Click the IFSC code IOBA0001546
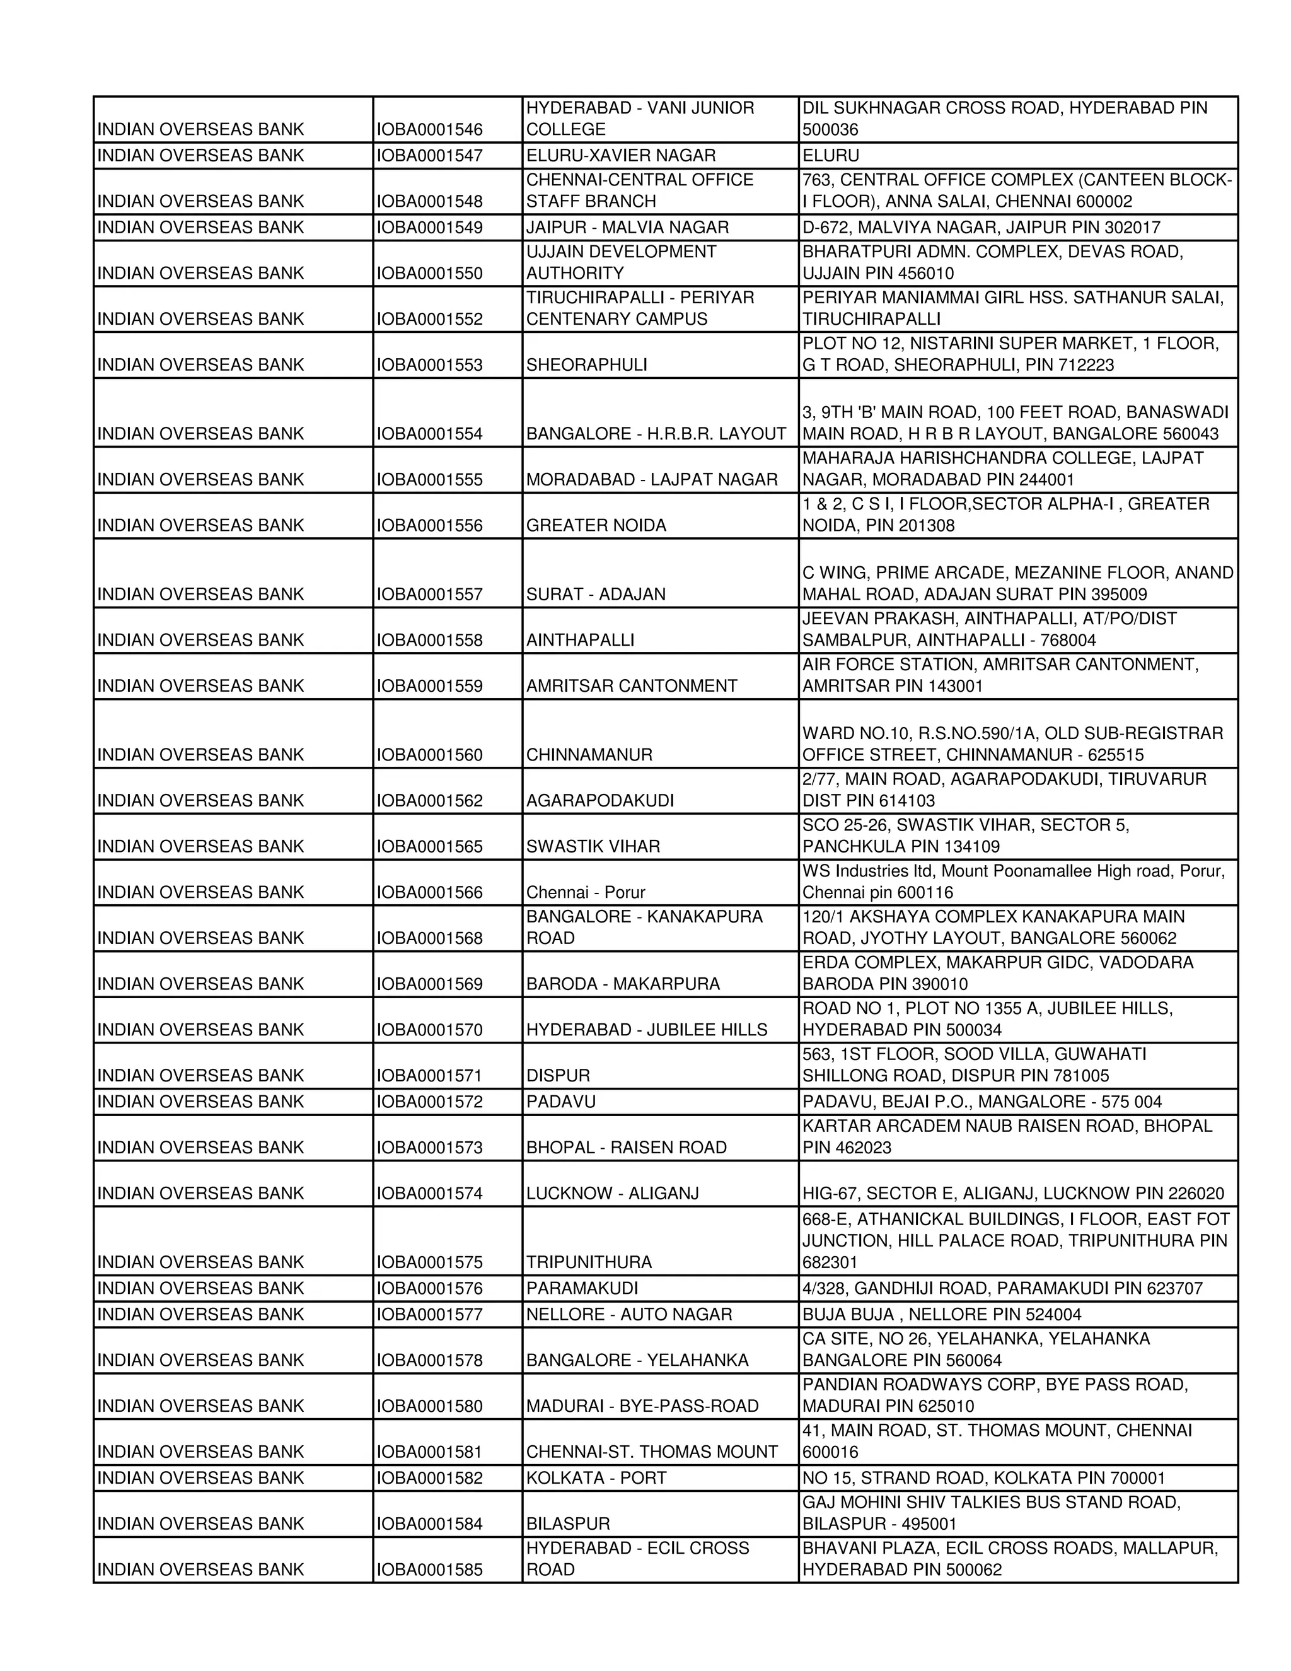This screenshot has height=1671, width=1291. click(x=429, y=129)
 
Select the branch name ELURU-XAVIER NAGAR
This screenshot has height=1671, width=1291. click(x=620, y=155)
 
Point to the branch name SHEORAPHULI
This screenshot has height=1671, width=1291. click(x=587, y=365)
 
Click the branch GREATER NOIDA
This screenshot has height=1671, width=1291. click(x=596, y=526)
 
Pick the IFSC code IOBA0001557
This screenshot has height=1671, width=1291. click(x=429, y=595)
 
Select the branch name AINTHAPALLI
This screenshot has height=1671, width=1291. click(x=580, y=641)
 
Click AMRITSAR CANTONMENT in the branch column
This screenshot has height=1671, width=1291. click(x=631, y=686)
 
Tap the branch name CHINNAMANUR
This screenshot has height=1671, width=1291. click(x=589, y=755)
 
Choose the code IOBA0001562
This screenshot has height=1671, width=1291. click(x=429, y=801)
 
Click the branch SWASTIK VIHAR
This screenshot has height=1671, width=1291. click(x=593, y=847)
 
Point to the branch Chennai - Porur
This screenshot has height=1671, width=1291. click(x=585, y=893)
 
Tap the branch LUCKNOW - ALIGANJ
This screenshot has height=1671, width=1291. click(x=612, y=1194)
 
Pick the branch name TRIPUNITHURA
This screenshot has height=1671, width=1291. click(x=589, y=1262)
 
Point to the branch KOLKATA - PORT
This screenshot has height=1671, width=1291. click(x=596, y=1478)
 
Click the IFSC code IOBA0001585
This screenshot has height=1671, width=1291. click(x=429, y=1570)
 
